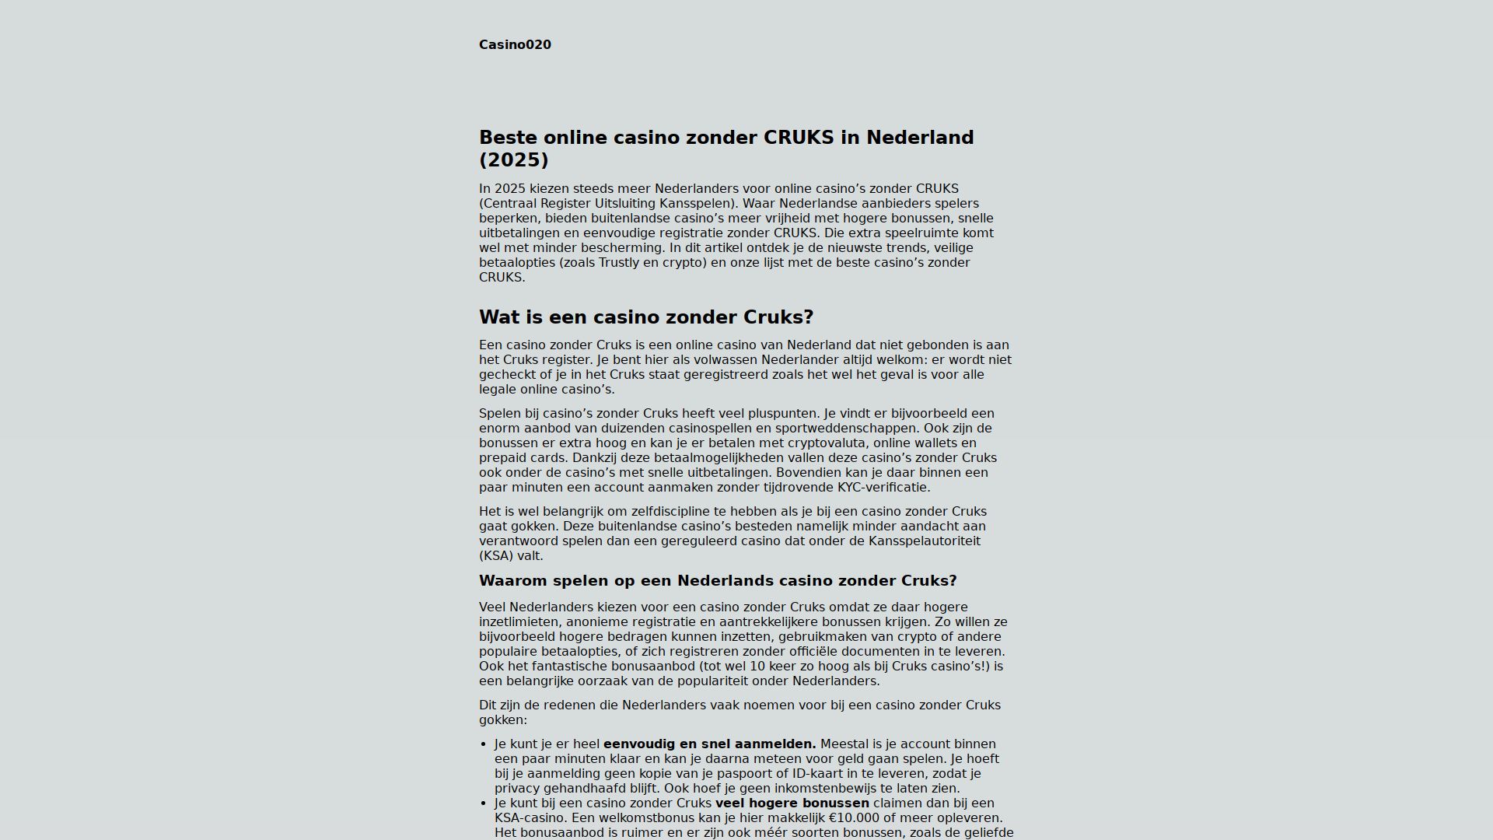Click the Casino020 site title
515,44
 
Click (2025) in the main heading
513,159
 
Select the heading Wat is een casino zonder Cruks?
645,317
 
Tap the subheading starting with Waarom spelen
717,581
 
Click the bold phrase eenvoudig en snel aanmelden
709,744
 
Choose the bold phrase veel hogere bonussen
792,803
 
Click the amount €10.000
858,817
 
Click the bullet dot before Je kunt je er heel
484,744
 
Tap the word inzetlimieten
519,621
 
